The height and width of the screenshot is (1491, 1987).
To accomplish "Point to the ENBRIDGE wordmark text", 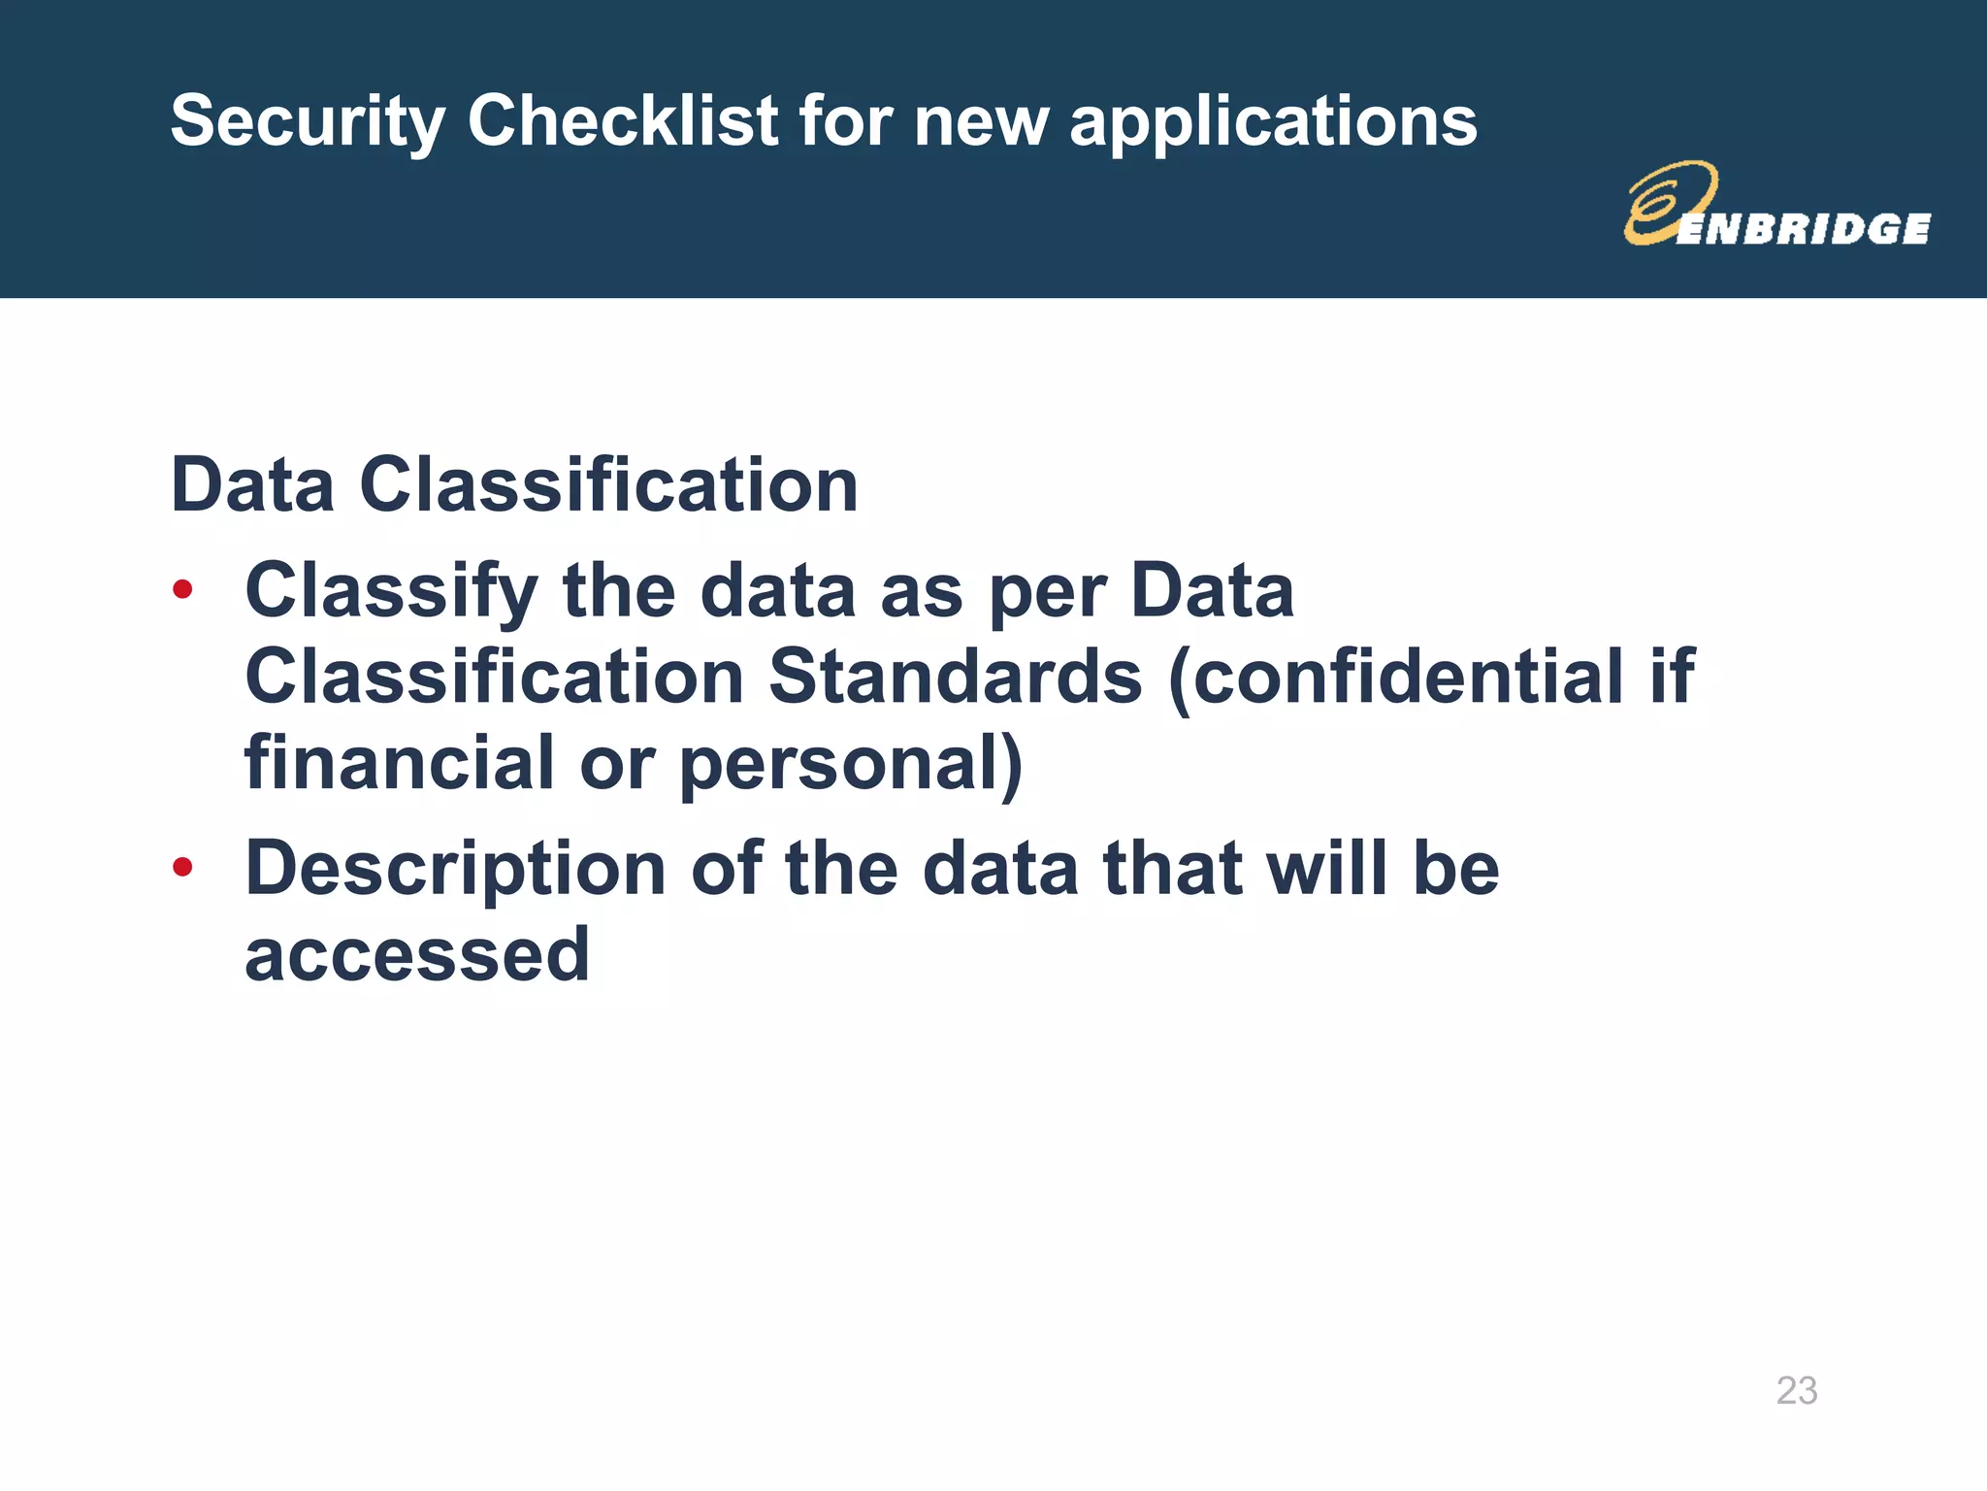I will pos(1803,229).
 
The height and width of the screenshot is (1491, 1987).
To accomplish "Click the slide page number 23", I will pos(1796,1390).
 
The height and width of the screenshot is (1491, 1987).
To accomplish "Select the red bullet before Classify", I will pos(182,589).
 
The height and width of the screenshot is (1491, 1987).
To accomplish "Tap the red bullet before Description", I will pos(182,866).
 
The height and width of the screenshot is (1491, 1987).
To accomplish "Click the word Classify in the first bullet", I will pos(391,592).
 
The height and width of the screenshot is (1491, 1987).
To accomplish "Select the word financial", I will pos(399,762).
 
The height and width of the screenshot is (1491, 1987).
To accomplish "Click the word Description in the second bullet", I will pos(455,870).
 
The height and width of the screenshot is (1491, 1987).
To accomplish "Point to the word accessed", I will pos(417,955).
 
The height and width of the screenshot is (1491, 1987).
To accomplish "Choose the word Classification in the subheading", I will pos(608,484).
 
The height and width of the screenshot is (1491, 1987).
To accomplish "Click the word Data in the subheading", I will pos(252,484).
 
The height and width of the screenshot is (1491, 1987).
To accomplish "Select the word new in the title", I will pos(981,122).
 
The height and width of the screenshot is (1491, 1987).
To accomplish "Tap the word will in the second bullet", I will pos(1326,868).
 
